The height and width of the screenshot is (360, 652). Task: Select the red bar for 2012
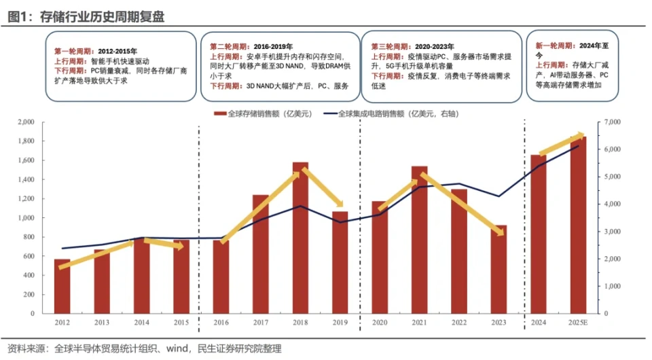click(62, 286)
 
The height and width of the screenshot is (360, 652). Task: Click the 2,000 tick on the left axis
click(24, 122)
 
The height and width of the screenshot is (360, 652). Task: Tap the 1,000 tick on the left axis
click(24, 218)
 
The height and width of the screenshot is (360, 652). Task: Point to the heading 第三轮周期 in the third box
click(389, 46)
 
